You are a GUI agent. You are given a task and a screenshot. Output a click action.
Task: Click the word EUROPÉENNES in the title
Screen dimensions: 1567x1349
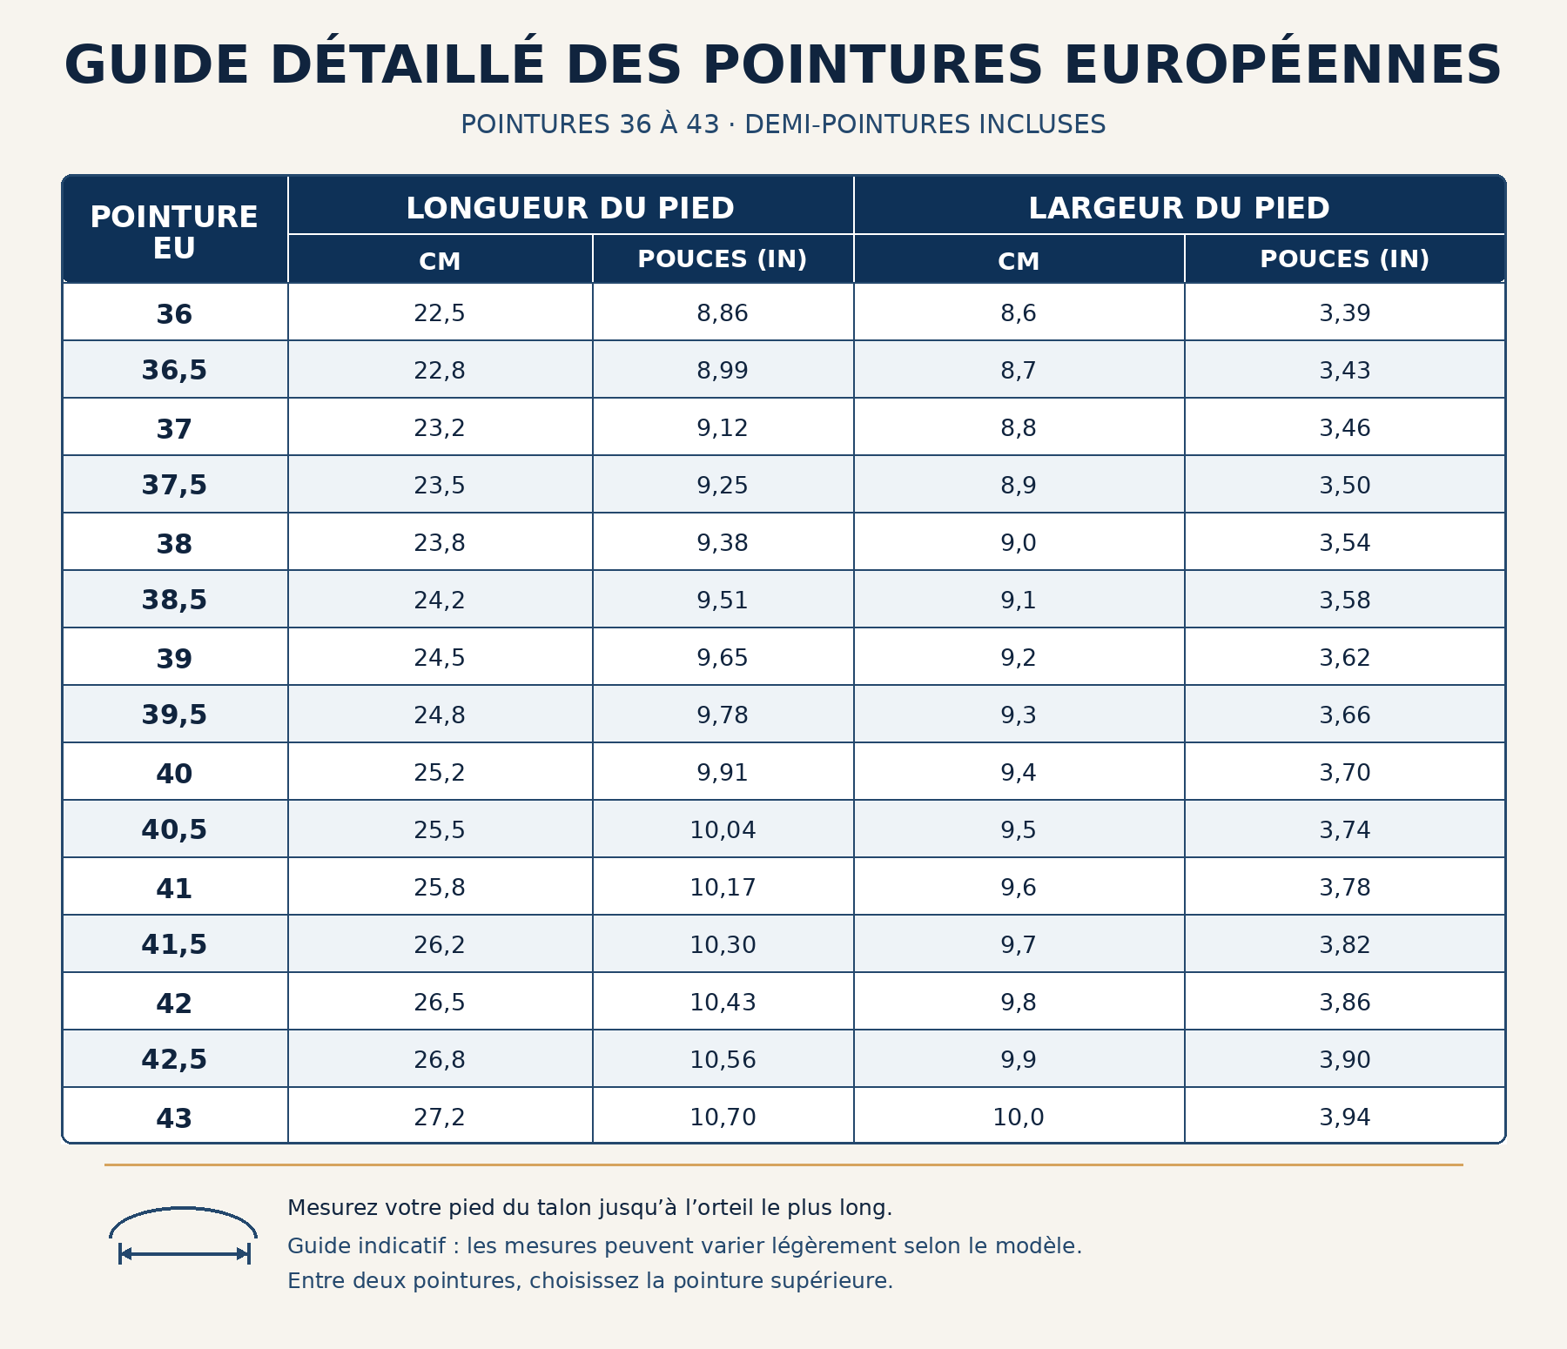pyautogui.click(x=1282, y=65)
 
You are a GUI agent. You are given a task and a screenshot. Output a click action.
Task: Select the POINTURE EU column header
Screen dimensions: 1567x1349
pyautogui.click(x=174, y=232)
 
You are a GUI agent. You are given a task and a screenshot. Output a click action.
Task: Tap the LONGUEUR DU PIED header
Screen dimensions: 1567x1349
pyautogui.click(x=570, y=208)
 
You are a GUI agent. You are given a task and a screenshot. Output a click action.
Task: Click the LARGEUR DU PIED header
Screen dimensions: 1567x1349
pyautogui.click(x=1179, y=208)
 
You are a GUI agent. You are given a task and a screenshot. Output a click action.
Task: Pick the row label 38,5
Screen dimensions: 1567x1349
pyautogui.click(x=174, y=600)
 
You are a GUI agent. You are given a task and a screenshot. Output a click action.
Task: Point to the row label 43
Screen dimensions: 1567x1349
pyautogui.click(x=174, y=1117)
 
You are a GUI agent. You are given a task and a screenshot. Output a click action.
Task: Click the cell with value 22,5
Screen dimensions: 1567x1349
pyautogui.click(x=440, y=313)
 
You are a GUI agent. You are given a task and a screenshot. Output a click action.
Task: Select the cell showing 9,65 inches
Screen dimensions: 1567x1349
pyautogui.click(x=723, y=658)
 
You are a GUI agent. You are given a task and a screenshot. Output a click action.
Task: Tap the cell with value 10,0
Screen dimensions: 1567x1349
pyautogui.click(x=1019, y=1117)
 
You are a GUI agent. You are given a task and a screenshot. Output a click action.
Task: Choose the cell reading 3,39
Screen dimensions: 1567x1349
pyautogui.click(x=1345, y=313)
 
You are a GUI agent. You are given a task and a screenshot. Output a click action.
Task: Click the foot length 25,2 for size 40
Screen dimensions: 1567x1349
pyautogui.click(x=440, y=773)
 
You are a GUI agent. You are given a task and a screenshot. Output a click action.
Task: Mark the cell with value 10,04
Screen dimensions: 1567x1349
pyautogui.click(x=723, y=830)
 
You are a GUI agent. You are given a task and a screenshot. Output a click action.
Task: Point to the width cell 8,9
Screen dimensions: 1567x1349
pyautogui.click(x=1019, y=486)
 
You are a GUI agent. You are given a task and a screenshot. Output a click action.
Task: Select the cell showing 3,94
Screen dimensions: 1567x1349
pyautogui.click(x=1345, y=1117)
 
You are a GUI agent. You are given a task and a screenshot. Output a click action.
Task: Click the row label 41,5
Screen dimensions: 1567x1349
pyautogui.click(x=174, y=944)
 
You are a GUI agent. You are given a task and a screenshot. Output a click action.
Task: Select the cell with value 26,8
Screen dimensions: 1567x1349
pyautogui.click(x=440, y=1060)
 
